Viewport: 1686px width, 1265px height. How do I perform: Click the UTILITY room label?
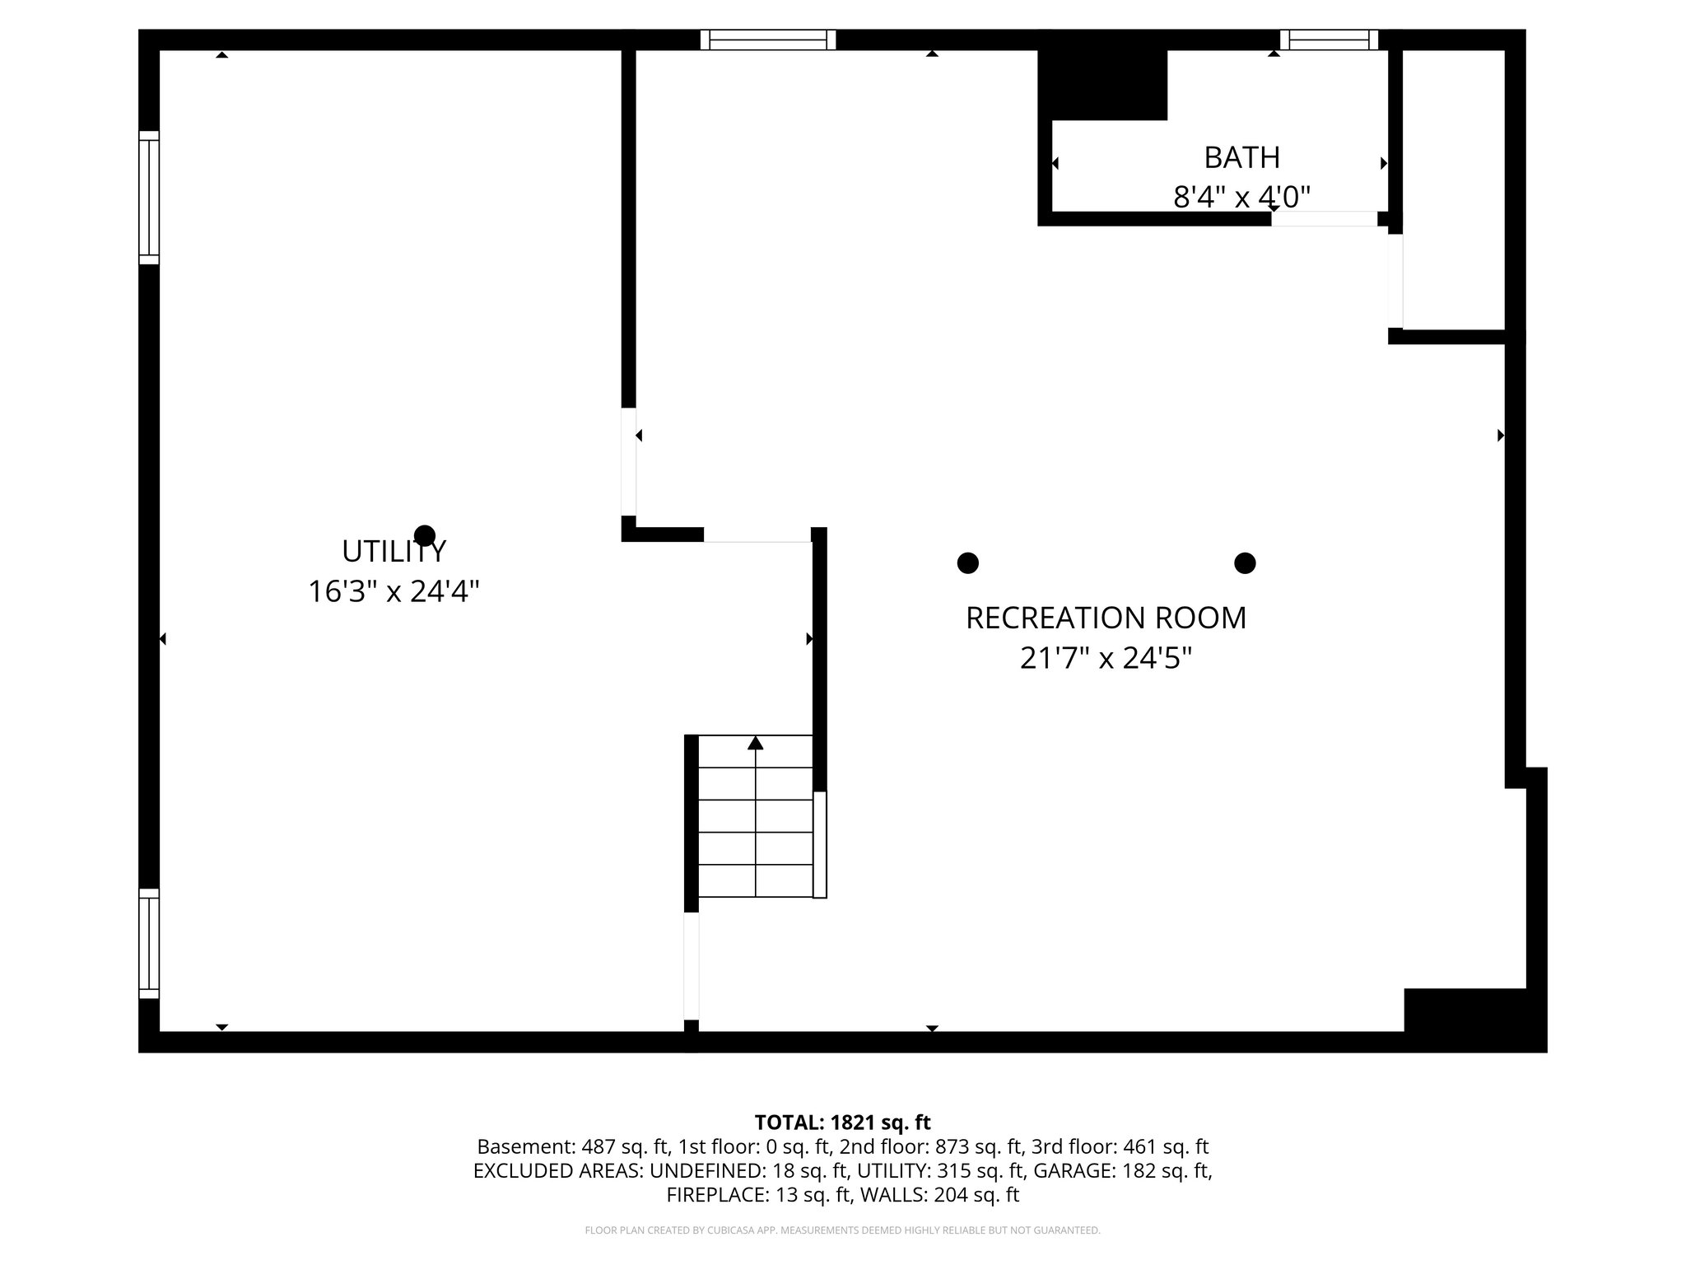coord(394,551)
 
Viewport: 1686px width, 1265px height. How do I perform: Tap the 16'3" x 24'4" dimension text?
coord(394,591)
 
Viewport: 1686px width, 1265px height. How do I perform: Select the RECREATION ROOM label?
coord(1106,618)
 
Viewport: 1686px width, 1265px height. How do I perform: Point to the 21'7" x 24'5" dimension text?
coord(1106,658)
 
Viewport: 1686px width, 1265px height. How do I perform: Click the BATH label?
coord(1241,156)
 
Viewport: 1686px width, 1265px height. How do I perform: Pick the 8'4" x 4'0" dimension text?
coord(1241,197)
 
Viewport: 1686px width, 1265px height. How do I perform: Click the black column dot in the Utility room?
coord(425,535)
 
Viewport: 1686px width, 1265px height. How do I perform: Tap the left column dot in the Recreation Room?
coord(968,563)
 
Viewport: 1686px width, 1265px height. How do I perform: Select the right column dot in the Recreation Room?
coord(1245,563)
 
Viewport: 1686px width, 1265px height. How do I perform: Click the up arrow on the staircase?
coord(756,744)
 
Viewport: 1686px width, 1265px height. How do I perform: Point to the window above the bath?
coord(1329,40)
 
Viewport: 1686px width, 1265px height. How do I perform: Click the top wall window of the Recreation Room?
coord(768,40)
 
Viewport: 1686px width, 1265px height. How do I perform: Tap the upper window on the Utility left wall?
coord(149,198)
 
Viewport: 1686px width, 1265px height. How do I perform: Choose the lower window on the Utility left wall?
coord(149,943)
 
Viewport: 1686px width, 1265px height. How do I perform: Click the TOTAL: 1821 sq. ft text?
coord(842,1123)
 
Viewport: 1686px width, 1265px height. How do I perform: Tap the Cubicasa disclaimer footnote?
coord(842,1230)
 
